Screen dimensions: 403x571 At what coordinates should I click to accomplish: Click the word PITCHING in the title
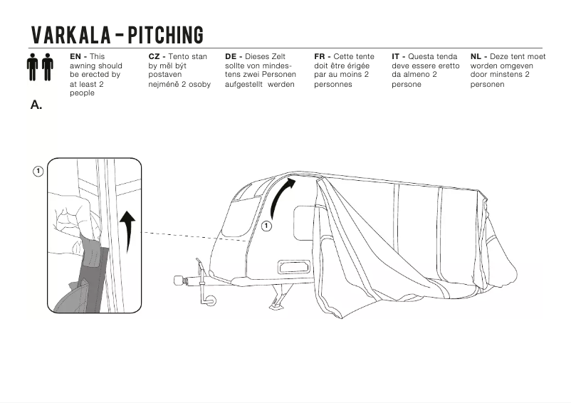[165, 35]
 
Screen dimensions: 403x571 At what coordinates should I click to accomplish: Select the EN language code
[75, 56]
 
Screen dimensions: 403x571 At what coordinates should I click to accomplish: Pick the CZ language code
[154, 56]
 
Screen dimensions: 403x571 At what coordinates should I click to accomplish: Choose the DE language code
[231, 56]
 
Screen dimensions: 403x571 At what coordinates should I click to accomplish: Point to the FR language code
[320, 56]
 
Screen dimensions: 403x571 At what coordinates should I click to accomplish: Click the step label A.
[36, 105]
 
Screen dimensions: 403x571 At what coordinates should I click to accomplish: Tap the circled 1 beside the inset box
[38, 171]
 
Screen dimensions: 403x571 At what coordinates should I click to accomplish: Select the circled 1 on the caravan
[266, 226]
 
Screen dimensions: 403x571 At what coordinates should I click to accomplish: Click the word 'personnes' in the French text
[332, 84]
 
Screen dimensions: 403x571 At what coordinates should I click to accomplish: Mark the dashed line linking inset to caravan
[192, 236]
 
